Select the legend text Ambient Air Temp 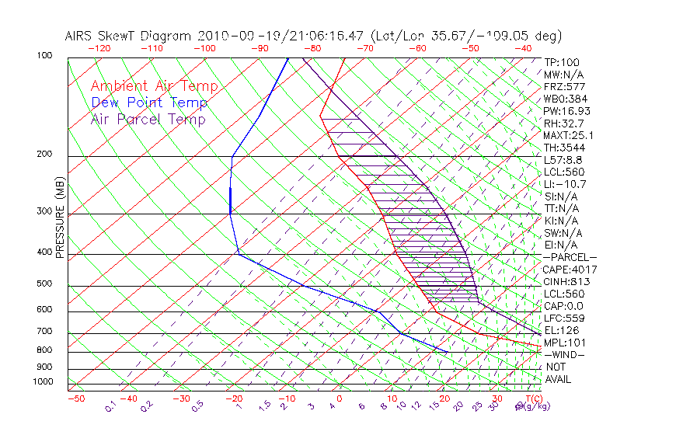coord(154,86)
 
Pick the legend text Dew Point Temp coord(149,103)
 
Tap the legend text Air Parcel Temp coord(148,119)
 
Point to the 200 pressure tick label coord(44,154)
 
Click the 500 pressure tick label coord(44,284)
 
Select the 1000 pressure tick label coord(42,381)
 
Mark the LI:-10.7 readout coord(565,184)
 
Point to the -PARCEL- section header coord(570,257)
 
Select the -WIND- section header coord(565,355)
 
